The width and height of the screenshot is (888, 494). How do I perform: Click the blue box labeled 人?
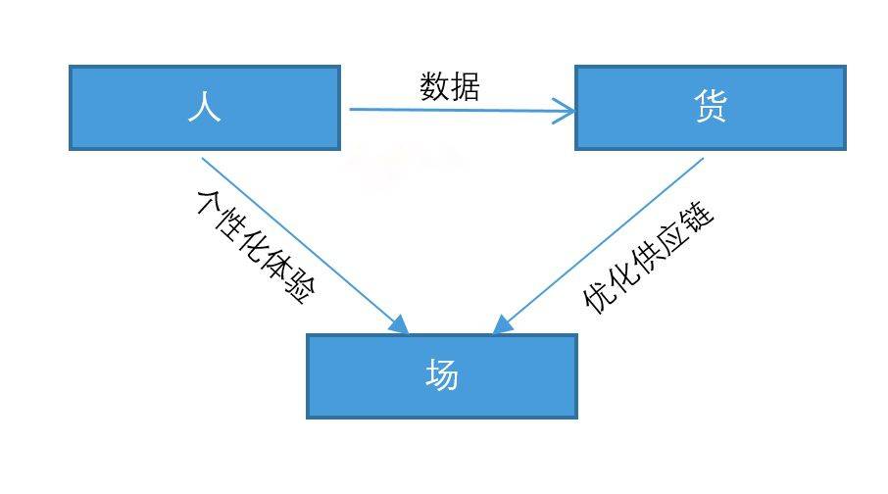204,108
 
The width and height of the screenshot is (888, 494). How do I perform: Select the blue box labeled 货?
710,108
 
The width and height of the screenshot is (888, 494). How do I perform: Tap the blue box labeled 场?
441,376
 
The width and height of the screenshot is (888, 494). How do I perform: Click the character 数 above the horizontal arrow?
435,87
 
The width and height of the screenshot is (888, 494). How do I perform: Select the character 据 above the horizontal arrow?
466,87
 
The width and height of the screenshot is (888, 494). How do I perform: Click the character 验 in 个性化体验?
298,291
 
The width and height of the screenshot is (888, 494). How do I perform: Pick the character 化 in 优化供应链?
622,275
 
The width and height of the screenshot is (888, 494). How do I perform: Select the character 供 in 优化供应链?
646,254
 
